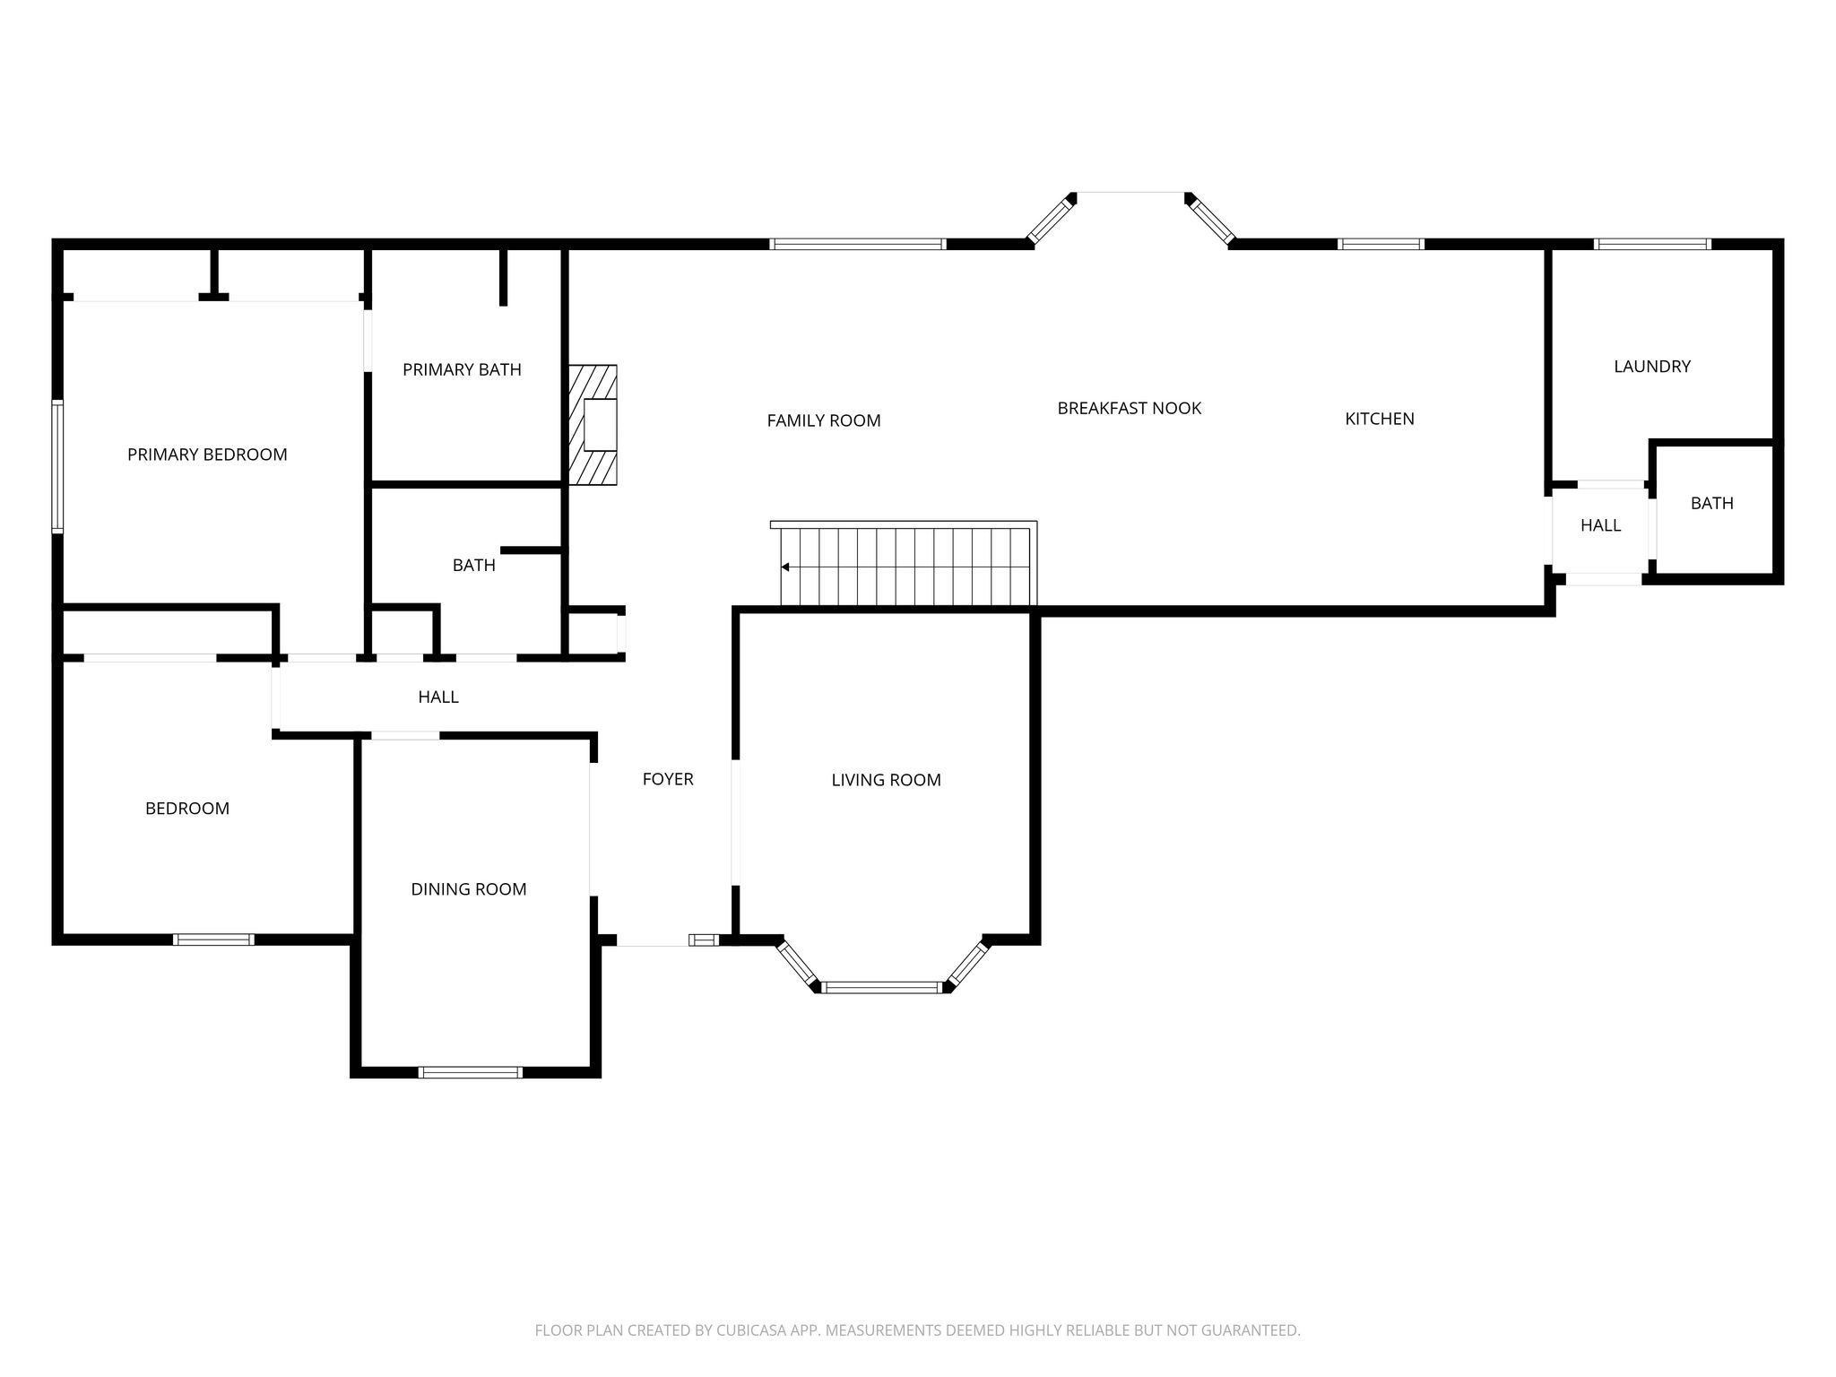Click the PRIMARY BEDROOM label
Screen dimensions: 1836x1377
click(x=207, y=455)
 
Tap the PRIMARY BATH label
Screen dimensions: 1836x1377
click(x=462, y=369)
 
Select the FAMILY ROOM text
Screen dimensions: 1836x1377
click(x=824, y=420)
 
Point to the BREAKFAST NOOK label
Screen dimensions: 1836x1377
click(x=1130, y=408)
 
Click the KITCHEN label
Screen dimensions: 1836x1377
click(x=1380, y=419)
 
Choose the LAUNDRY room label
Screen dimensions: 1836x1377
click(x=1652, y=366)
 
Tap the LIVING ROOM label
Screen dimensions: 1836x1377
click(x=886, y=780)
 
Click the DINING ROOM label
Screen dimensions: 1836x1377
click(x=469, y=889)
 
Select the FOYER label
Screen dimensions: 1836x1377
click(x=668, y=779)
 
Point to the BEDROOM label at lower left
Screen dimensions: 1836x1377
click(x=187, y=809)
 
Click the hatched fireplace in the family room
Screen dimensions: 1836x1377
click(x=593, y=425)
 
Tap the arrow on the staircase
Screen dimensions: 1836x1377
click(x=785, y=567)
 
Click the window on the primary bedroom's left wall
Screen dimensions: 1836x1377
click(x=57, y=466)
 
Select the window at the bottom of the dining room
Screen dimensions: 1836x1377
click(x=470, y=1072)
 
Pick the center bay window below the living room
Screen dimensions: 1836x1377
click(x=882, y=988)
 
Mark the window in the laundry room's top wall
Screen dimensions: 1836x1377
click(x=1652, y=244)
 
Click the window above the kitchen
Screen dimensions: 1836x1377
click(x=1381, y=244)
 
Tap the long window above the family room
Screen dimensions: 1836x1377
click(x=858, y=244)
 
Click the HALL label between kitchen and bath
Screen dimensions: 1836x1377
click(x=1600, y=525)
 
